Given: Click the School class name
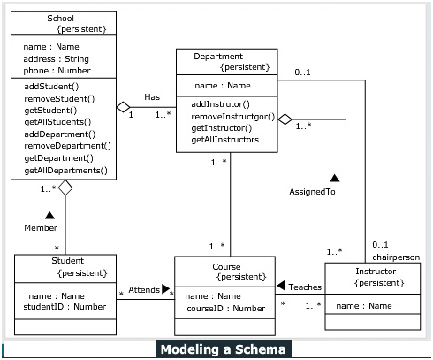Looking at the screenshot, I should [60, 18].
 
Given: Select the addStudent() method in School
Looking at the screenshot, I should [51, 86].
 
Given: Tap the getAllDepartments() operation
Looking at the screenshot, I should [65, 170].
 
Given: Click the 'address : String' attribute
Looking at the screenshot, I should [56, 58].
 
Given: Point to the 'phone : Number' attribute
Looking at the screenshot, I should [57, 70].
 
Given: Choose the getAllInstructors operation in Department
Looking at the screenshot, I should [224, 140].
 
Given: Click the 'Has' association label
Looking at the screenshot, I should [152, 96].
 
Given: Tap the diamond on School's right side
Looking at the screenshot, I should [123, 108].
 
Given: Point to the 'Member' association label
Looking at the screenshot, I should [41, 228].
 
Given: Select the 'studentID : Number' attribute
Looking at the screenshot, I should [64, 307].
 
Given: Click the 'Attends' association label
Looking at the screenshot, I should [144, 289].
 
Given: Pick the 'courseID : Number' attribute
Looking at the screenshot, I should [225, 308].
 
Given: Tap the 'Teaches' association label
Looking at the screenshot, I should [304, 287].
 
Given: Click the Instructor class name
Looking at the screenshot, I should [376, 271].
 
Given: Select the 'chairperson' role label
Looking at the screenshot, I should [395, 257].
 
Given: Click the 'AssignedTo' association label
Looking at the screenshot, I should [313, 191].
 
